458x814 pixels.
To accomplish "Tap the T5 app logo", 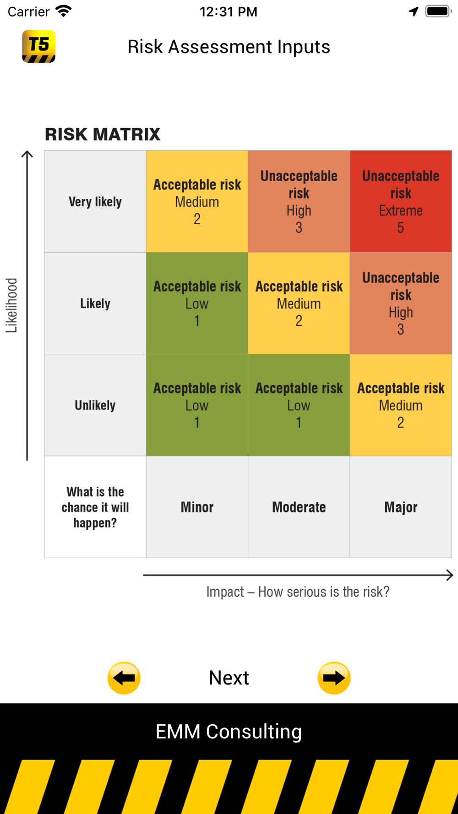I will click(x=39, y=46).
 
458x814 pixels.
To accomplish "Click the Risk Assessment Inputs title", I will click(x=229, y=47).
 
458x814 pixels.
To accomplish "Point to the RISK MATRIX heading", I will click(x=103, y=134).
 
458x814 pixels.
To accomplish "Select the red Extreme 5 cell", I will click(x=401, y=201).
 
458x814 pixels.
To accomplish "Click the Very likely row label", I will click(x=95, y=201).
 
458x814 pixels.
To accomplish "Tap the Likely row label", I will click(x=95, y=303).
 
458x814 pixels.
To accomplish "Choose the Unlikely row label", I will click(x=95, y=405).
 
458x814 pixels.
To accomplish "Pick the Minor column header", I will click(x=197, y=507).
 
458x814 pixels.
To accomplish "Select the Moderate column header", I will click(x=299, y=507).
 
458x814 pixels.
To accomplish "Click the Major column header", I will click(x=401, y=507).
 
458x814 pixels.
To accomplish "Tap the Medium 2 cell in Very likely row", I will click(x=197, y=201).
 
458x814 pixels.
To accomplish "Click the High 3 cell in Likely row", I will click(x=401, y=303).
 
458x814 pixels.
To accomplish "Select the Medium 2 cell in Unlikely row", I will click(x=401, y=405).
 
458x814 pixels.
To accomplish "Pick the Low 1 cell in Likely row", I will click(x=197, y=303).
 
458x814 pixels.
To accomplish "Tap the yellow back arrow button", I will click(x=124, y=678).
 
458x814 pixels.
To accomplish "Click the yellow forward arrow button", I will click(x=334, y=678).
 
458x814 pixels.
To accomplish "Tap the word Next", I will click(x=229, y=678).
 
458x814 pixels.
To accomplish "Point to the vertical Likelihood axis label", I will click(x=11, y=305).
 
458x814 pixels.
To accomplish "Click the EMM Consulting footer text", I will click(x=229, y=732).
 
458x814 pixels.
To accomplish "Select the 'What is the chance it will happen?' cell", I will click(x=95, y=507).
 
